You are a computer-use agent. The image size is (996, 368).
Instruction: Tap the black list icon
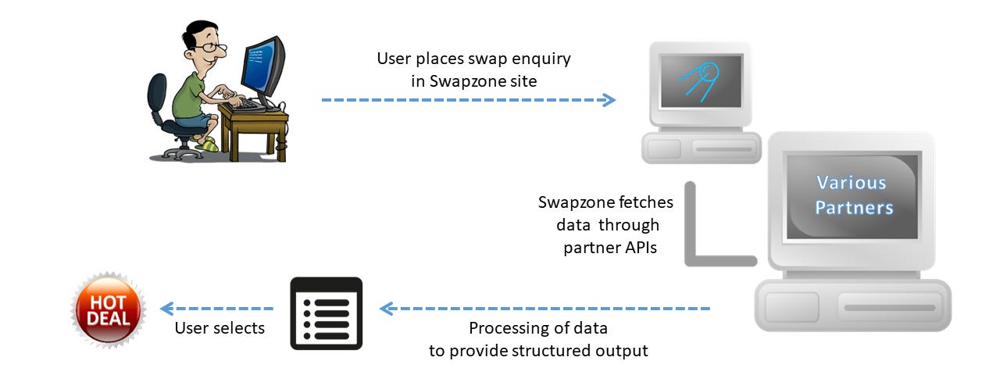[x=326, y=313]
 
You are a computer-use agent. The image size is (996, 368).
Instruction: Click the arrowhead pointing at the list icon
[x=386, y=309]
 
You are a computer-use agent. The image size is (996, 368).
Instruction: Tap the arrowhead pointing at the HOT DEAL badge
[x=166, y=309]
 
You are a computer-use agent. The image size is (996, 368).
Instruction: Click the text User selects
[x=220, y=328]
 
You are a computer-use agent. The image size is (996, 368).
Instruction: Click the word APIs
[x=639, y=248]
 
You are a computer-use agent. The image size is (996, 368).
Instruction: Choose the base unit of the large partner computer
[x=852, y=305]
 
